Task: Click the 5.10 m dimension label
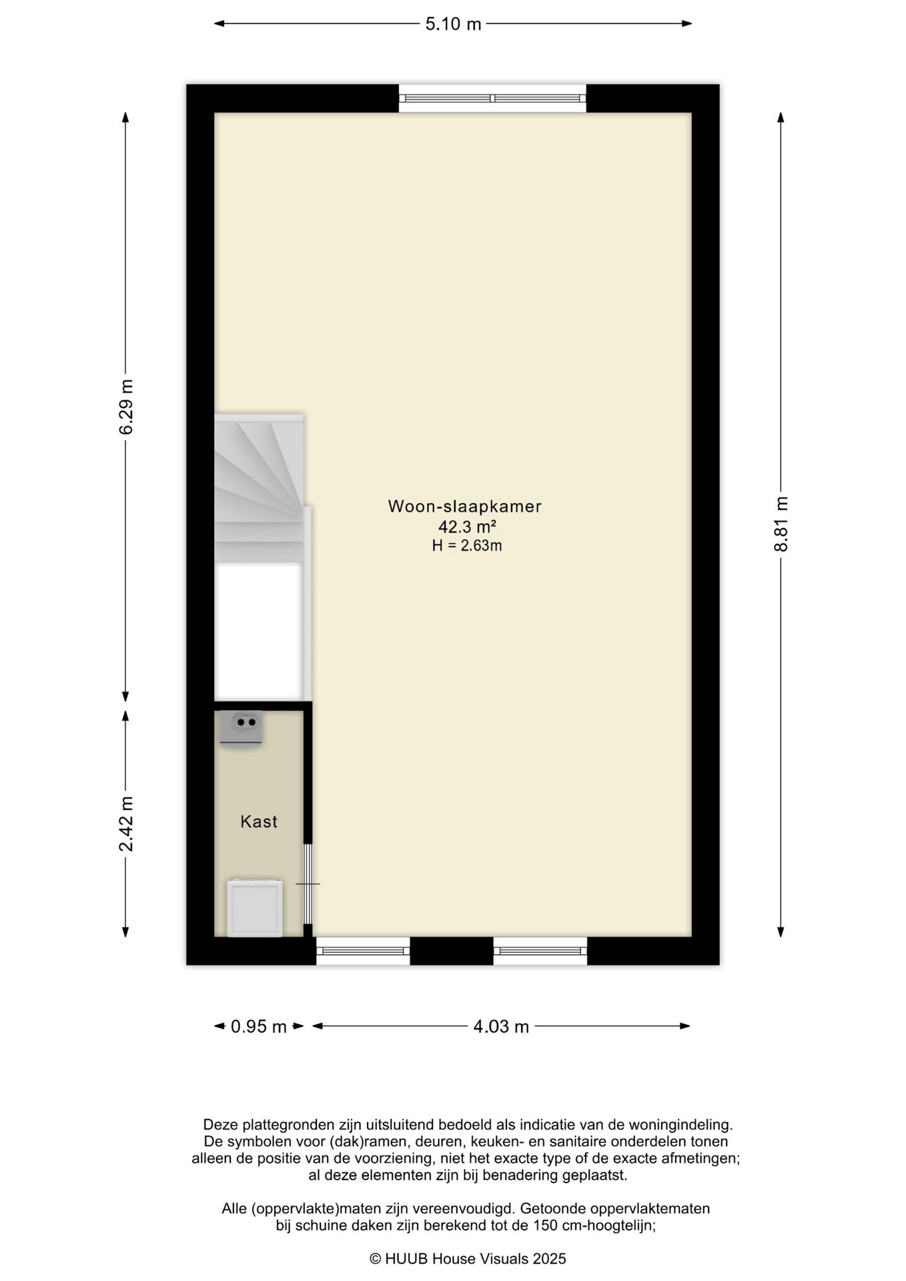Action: coord(453,24)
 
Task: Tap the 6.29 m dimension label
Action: coord(126,407)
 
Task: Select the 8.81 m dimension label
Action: coord(781,524)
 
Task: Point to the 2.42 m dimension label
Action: coord(126,824)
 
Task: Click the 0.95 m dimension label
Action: coord(259,1026)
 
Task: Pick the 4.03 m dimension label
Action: coord(501,1026)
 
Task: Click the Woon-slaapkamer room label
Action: coord(465,506)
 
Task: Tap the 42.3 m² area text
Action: coord(467,527)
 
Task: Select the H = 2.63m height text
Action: coord(467,546)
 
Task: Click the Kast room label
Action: coord(259,821)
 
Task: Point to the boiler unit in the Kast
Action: coord(241,728)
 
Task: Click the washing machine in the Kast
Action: coord(254,908)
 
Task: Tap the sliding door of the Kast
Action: coord(308,884)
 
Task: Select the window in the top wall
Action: coord(492,98)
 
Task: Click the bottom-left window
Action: coord(363,951)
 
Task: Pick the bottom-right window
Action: coord(540,951)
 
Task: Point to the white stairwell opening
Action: coord(258,631)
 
